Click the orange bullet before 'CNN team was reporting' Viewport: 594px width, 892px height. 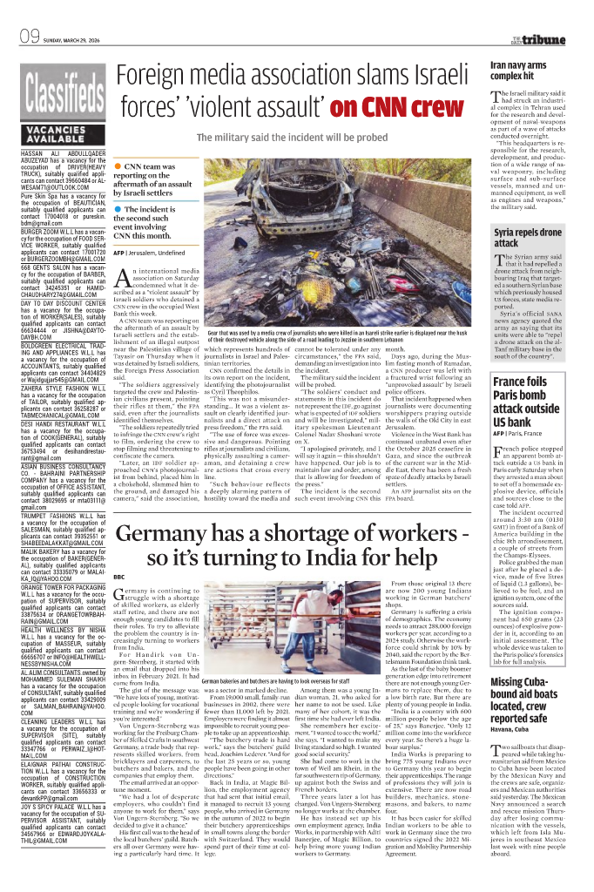118,165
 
